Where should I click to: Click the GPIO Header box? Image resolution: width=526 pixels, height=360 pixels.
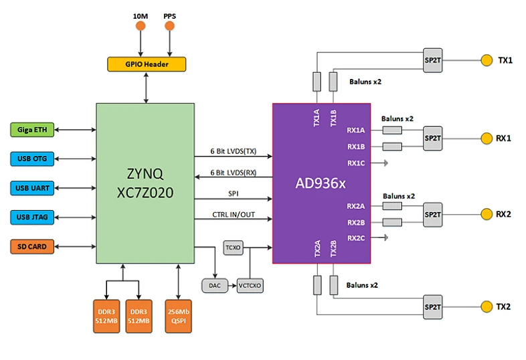click(146, 64)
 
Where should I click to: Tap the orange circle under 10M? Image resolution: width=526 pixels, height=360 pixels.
click(141, 26)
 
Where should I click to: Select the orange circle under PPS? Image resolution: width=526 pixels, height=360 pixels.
click(169, 26)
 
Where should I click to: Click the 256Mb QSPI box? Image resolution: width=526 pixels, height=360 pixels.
click(177, 315)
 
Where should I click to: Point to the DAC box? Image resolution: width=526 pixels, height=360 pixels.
click(214, 286)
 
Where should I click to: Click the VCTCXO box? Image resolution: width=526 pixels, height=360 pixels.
click(250, 286)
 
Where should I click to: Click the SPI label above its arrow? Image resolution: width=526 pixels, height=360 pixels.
click(234, 193)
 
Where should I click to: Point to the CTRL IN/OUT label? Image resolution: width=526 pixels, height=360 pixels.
click(234, 213)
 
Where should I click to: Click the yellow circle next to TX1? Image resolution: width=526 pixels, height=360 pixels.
click(486, 60)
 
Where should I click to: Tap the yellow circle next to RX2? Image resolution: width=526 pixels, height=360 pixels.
click(486, 214)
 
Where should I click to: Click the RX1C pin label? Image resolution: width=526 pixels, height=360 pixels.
click(356, 163)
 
